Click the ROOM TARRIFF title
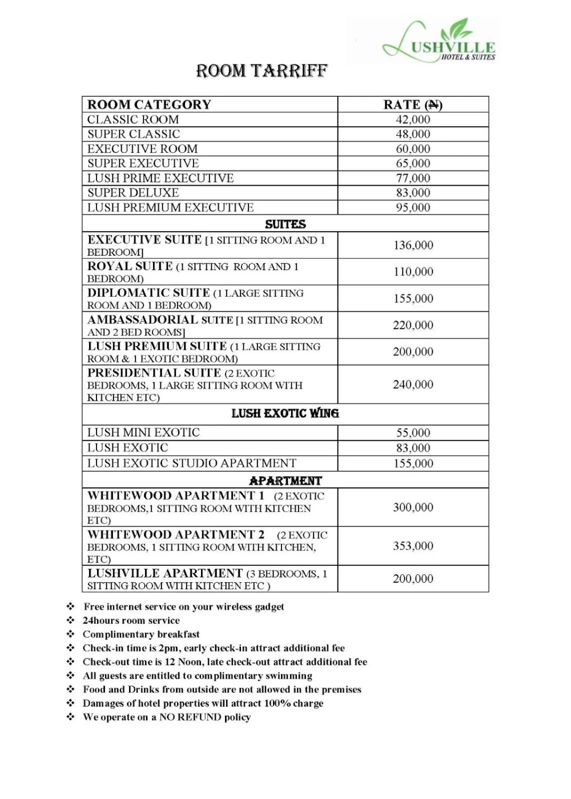pos(261,71)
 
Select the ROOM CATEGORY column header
pos(149,104)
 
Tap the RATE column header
pos(412,104)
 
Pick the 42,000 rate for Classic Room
pos(412,119)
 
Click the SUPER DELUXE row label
pos(133,193)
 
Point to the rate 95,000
pos(412,207)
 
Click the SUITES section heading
pos(285,224)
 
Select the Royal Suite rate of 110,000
pos(412,272)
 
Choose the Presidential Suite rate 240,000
pos(412,384)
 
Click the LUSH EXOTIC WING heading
pos(285,414)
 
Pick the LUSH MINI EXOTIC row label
pos(143,433)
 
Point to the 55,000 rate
pos(412,433)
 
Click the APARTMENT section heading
pos(285,481)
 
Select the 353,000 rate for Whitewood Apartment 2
pos(412,546)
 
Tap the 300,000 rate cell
pos(412,507)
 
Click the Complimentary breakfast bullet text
pos(141,635)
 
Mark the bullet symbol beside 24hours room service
pos(70,621)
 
